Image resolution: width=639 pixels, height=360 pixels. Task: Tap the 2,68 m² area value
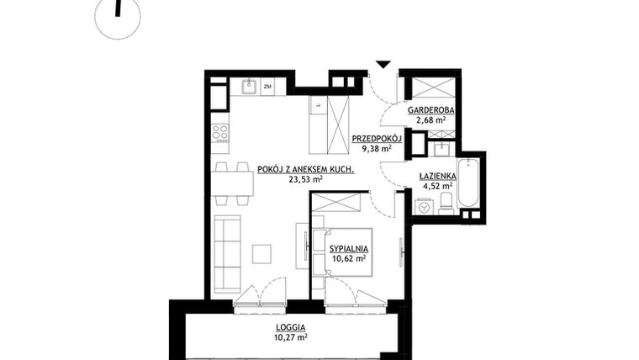click(x=430, y=120)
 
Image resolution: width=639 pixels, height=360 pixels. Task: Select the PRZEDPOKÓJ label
click(x=376, y=138)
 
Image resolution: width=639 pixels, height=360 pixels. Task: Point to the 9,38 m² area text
click(x=376, y=149)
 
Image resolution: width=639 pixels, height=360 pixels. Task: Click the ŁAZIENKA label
click(x=437, y=176)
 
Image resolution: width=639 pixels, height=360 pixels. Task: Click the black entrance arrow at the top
click(x=383, y=65)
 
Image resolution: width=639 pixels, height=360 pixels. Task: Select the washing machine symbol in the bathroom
click(x=424, y=204)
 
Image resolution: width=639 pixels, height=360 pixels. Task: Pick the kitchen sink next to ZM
click(x=250, y=86)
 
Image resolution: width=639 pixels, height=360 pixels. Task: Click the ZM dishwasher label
click(x=267, y=86)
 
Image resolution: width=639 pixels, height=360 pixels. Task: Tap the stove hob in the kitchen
click(x=220, y=132)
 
